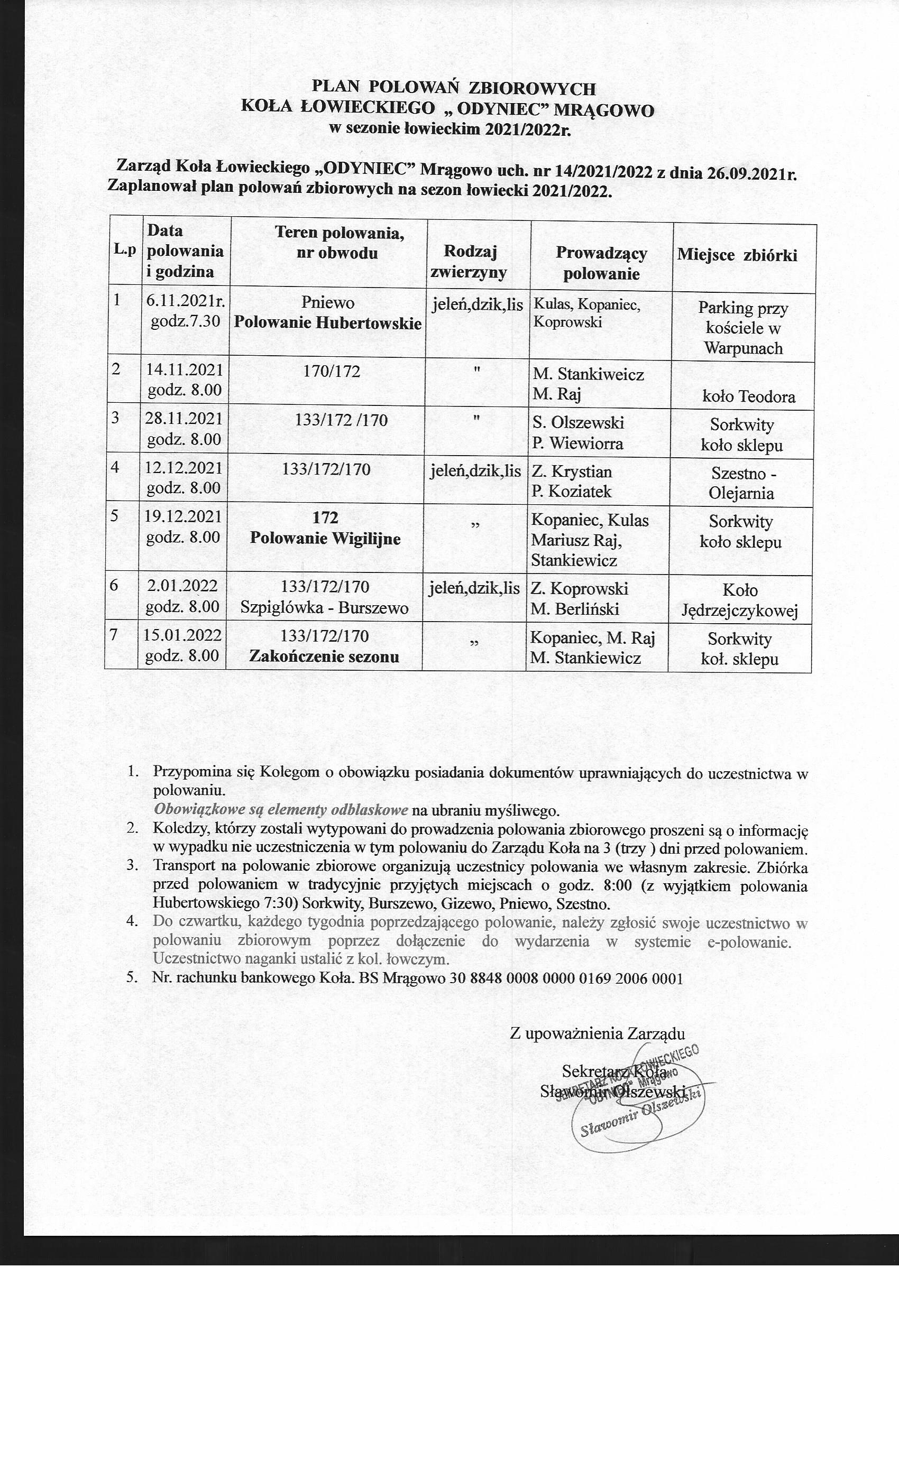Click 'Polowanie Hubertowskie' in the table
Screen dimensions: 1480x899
(x=327, y=323)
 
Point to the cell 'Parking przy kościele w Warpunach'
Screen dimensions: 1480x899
(x=743, y=328)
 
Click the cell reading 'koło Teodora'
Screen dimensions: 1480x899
(x=748, y=397)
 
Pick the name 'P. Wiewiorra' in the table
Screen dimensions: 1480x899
(x=577, y=444)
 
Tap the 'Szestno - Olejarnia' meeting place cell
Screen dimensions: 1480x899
(x=741, y=484)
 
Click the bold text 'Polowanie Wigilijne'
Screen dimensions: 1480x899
(x=325, y=538)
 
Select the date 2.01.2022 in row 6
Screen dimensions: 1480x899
(x=182, y=585)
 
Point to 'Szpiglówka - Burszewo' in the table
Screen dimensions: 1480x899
(x=325, y=608)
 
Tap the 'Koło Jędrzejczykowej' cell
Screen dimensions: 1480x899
(x=740, y=600)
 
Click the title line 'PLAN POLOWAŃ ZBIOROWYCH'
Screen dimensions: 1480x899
(x=454, y=88)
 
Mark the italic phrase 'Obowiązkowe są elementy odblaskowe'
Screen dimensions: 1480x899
(x=281, y=810)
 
